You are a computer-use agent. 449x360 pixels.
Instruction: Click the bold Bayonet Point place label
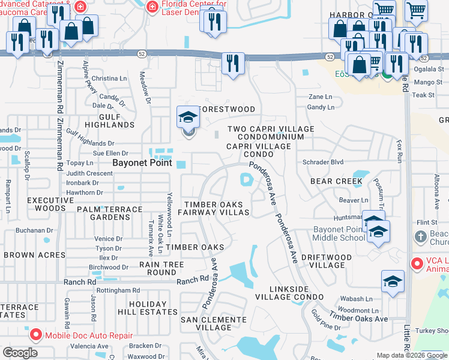pos(143,163)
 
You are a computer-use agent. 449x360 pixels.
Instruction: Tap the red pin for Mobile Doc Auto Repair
pos(35,334)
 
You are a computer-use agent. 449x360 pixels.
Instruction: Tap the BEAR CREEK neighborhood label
pos(336,181)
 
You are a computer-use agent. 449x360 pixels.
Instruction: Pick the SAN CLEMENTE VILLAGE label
pos(206,323)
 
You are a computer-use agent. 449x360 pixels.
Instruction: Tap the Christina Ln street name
pos(109,79)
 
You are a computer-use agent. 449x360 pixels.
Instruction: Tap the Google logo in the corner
pos(20,353)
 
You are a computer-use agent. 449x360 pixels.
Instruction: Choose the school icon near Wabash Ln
pos(392,282)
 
